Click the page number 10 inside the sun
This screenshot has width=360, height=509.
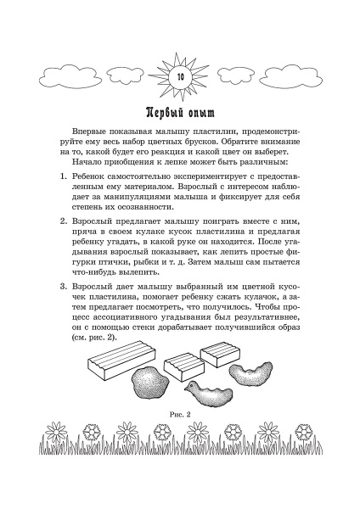click(x=179, y=76)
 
